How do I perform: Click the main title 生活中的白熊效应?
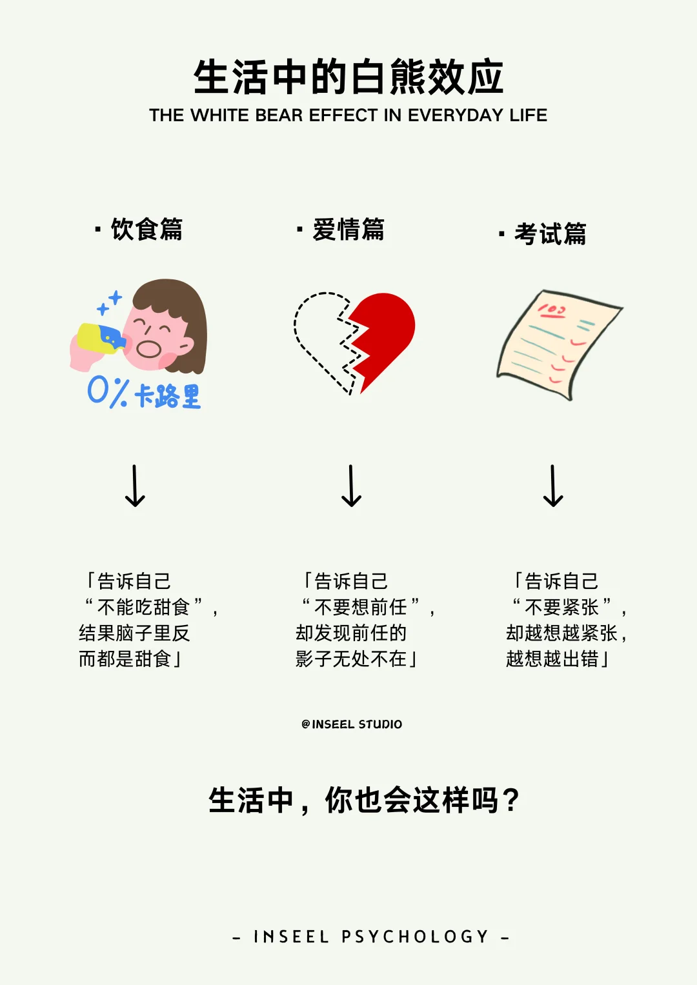click(348, 77)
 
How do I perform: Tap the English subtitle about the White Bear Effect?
click(348, 115)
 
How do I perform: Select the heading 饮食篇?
click(146, 230)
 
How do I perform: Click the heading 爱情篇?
click(348, 230)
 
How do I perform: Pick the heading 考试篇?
click(550, 234)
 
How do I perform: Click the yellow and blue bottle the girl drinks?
click(100, 337)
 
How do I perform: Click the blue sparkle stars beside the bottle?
click(109, 303)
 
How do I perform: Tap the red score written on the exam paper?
click(552, 312)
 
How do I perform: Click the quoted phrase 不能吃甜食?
click(143, 607)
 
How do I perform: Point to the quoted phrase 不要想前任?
click(360, 607)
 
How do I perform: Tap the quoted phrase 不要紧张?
click(561, 607)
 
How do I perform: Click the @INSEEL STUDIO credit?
click(352, 724)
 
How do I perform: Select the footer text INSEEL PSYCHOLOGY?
click(371, 937)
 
